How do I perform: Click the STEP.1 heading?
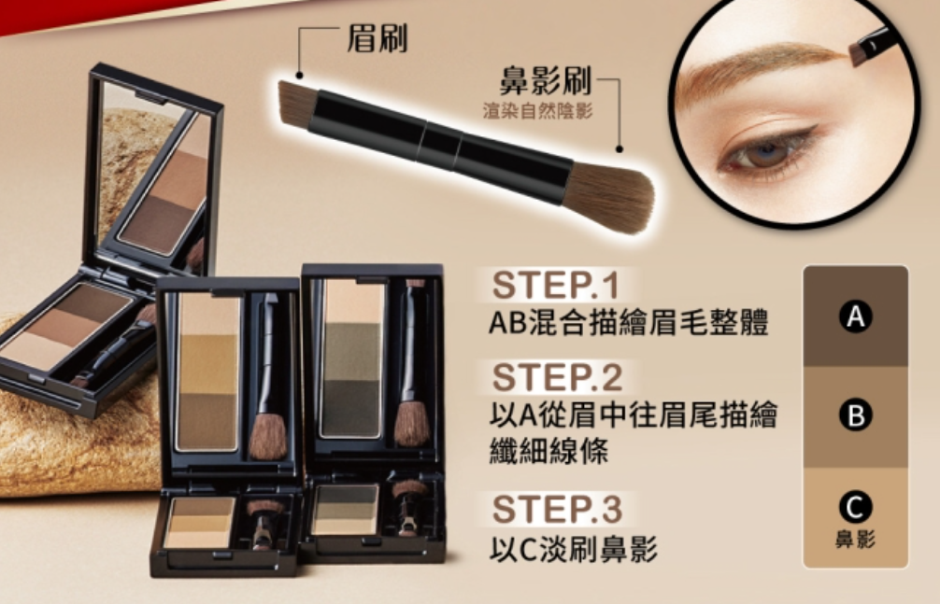click(555, 286)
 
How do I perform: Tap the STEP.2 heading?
click(558, 377)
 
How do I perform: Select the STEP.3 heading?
click(558, 510)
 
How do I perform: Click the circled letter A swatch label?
click(856, 316)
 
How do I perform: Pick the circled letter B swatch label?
click(856, 414)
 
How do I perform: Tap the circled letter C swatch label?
click(856, 507)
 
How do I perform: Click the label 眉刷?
click(377, 39)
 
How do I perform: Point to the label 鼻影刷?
click(546, 81)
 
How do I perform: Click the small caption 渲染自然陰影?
click(537, 111)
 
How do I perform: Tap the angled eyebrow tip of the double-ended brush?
click(297, 105)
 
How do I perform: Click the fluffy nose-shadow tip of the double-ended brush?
click(611, 197)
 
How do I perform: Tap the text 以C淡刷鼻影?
click(573, 549)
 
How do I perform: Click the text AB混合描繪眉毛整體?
click(628, 322)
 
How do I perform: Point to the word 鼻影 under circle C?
click(856, 540)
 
